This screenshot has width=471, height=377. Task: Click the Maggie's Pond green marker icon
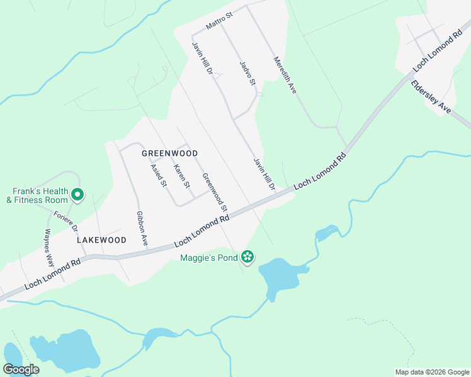coord(247,256)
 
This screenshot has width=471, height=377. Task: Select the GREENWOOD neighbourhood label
coord(169,153)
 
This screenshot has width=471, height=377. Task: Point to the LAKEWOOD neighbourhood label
coord(101,240)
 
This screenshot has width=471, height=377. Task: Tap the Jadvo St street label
coord(247,73)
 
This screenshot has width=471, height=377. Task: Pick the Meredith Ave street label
coord(285,75)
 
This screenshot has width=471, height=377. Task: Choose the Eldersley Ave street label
coord(431,97)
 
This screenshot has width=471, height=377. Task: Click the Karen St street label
coord(181,176)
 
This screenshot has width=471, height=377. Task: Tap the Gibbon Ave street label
coord(142,227)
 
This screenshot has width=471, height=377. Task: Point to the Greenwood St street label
coord(215,192)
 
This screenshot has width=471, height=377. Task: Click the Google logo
coord(21,369)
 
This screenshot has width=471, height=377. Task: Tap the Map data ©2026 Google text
coord(431,372)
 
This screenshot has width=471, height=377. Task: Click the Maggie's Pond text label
coord(208,258)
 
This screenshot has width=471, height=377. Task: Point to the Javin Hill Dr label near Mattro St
coord(203,57)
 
